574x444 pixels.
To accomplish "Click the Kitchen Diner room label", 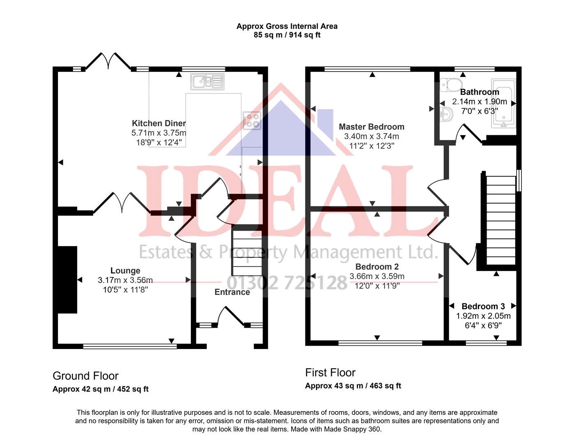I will click(158, 123).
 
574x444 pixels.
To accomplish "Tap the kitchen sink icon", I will click(207, 82).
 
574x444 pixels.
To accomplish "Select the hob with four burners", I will click(251, 120).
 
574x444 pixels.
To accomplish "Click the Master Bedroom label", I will click(371, 127).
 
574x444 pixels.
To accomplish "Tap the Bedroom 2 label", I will click(377, 267).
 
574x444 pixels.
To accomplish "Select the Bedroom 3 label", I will click(483, 306).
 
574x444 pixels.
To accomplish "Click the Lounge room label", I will click(125, 271).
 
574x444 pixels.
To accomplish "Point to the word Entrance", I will click(232, 292).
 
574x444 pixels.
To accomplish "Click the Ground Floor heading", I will click(85, 376).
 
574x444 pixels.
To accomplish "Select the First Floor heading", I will click(330, 372).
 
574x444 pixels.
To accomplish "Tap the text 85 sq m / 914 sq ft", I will click(287, 35).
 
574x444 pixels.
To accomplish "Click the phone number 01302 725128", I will click(287, 283).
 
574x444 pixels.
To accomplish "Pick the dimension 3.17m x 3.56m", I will click(125, 280).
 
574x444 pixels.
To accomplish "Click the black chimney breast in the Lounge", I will click(67, 280).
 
